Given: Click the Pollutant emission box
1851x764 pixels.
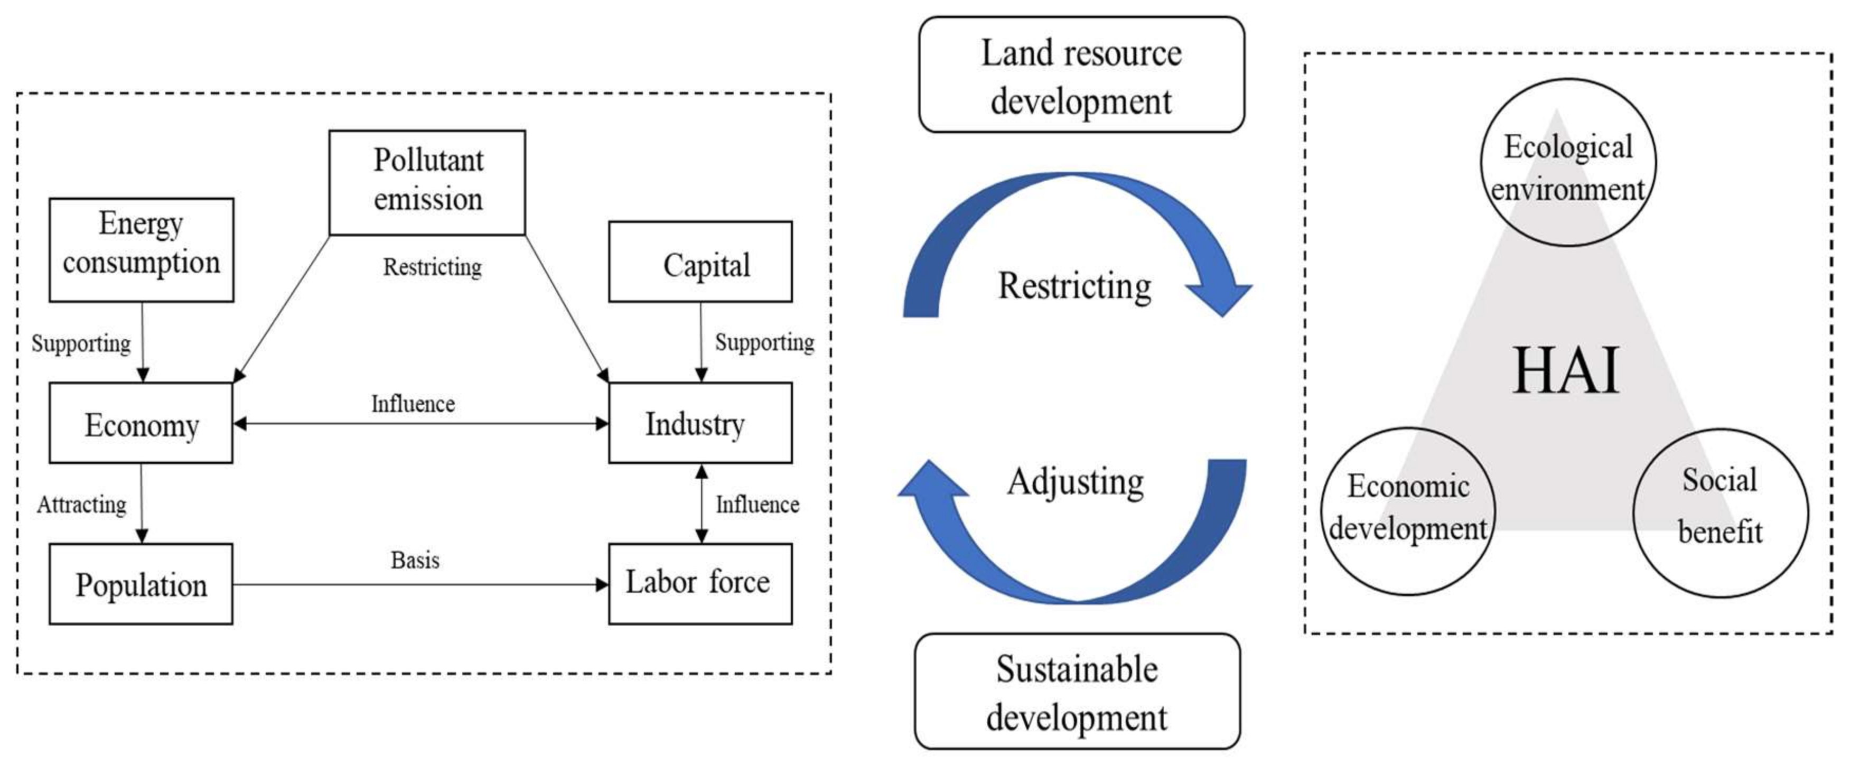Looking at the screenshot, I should point(427,182).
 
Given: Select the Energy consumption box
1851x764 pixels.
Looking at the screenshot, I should point(142,249).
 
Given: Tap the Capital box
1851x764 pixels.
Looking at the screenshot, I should point(700,262).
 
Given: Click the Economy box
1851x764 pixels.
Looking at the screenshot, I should point(141,423).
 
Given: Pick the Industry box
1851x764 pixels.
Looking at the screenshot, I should point(700,423).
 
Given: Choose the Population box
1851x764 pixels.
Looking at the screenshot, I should point(141,584).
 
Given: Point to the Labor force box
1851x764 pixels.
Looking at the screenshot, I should point(700,583).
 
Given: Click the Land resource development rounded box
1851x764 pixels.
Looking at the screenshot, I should point(1081,74).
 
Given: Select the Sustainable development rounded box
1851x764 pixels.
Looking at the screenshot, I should point(1077,692).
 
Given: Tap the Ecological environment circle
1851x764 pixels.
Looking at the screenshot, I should point(1568,162).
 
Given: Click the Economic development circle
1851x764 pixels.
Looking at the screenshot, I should point(1408,511).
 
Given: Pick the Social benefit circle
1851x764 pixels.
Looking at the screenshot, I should point(1720,513).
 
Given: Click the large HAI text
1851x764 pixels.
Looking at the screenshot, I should point(1566,371).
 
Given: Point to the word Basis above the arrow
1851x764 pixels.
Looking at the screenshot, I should point(415,560).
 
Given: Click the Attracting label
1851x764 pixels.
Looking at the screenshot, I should point(81,505).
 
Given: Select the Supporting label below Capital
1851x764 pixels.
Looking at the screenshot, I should point(764,342).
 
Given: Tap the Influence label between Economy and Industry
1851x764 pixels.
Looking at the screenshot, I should point(413,404).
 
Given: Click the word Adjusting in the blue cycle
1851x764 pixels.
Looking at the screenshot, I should point(1075,481).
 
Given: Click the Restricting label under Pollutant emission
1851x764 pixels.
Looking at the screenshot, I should point(432,267).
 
